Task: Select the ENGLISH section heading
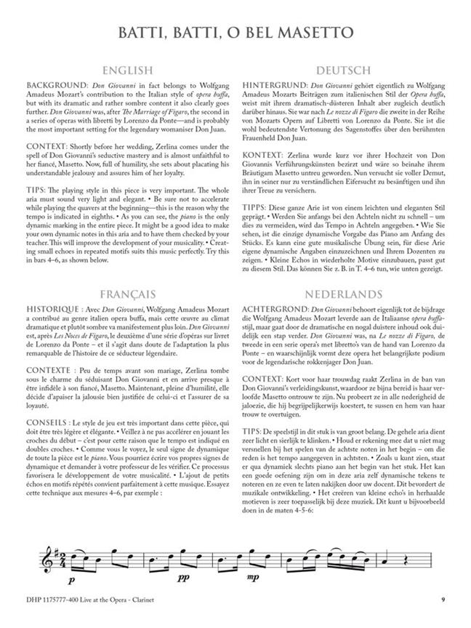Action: pos(127,71)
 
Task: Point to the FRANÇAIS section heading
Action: pos(127,315)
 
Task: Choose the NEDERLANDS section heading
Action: pos(343,315)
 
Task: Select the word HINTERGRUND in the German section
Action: pos(273,85)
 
